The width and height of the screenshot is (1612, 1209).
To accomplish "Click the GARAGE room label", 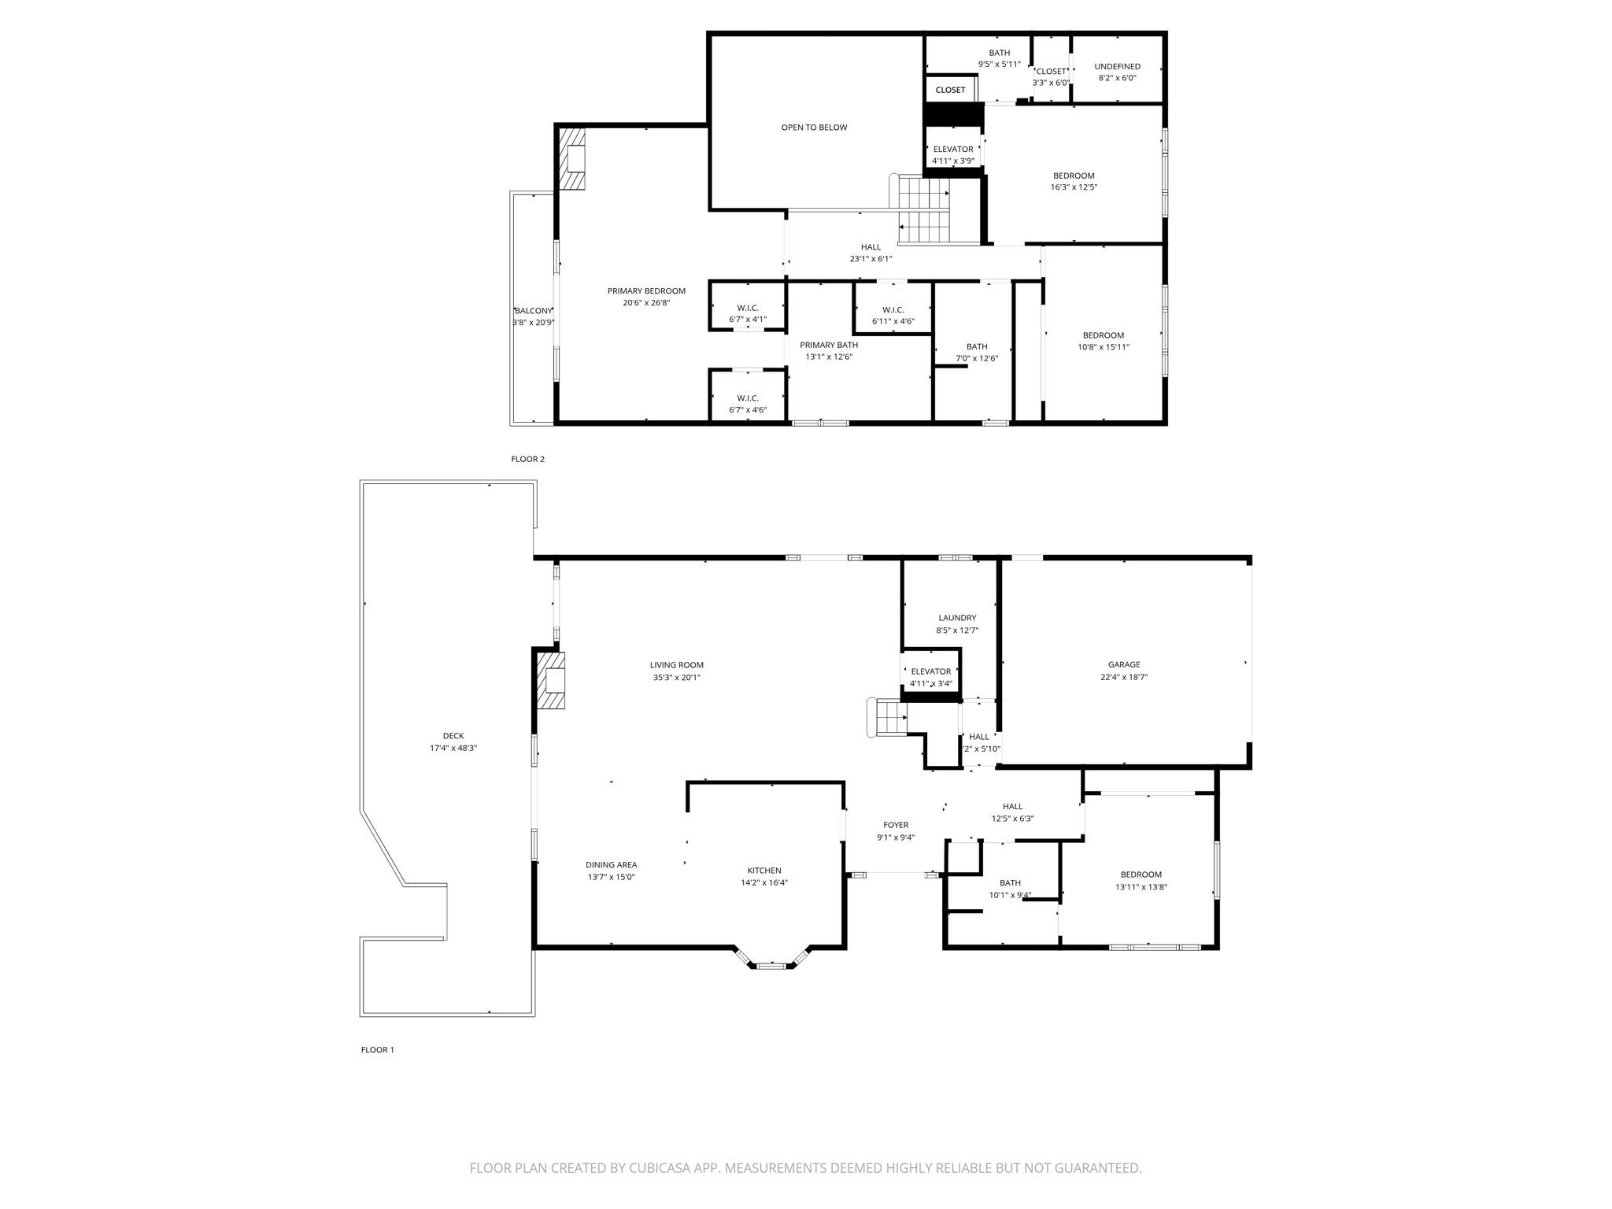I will (x=1123, y=664).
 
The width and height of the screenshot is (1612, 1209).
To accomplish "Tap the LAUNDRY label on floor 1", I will (x=957, y=618).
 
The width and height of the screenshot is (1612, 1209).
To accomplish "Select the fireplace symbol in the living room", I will (x=552, y=681).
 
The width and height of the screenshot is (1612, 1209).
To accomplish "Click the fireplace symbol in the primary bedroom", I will (x=573, y=159).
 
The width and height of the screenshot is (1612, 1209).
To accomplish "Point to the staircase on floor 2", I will (x=925, y=210).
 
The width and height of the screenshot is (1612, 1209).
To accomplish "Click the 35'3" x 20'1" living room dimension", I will (x=676, y=677).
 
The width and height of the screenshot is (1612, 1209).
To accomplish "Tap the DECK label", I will (x=453, y=736).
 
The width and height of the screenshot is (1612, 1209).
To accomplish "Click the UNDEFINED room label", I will (x=1117, y=66).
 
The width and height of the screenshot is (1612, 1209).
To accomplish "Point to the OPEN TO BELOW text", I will (x=814, y=128).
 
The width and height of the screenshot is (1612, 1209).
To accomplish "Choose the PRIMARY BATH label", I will (x=829, y=345).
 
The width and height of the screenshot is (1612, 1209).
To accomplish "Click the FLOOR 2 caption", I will (x=527, y=459).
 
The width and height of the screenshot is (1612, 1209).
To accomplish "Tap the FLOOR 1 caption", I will (x=377, y=1049).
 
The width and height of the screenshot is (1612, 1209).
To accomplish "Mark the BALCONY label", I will (x=534, y=310).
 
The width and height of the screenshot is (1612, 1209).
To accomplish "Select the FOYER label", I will (x=896, y=825).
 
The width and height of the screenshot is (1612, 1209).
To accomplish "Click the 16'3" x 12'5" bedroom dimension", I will (x=1074, y=187).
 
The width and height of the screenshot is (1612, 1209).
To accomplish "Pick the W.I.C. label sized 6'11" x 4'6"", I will (x=893, y=309).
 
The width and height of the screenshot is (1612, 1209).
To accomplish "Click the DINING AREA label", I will (x=611, y=865).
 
